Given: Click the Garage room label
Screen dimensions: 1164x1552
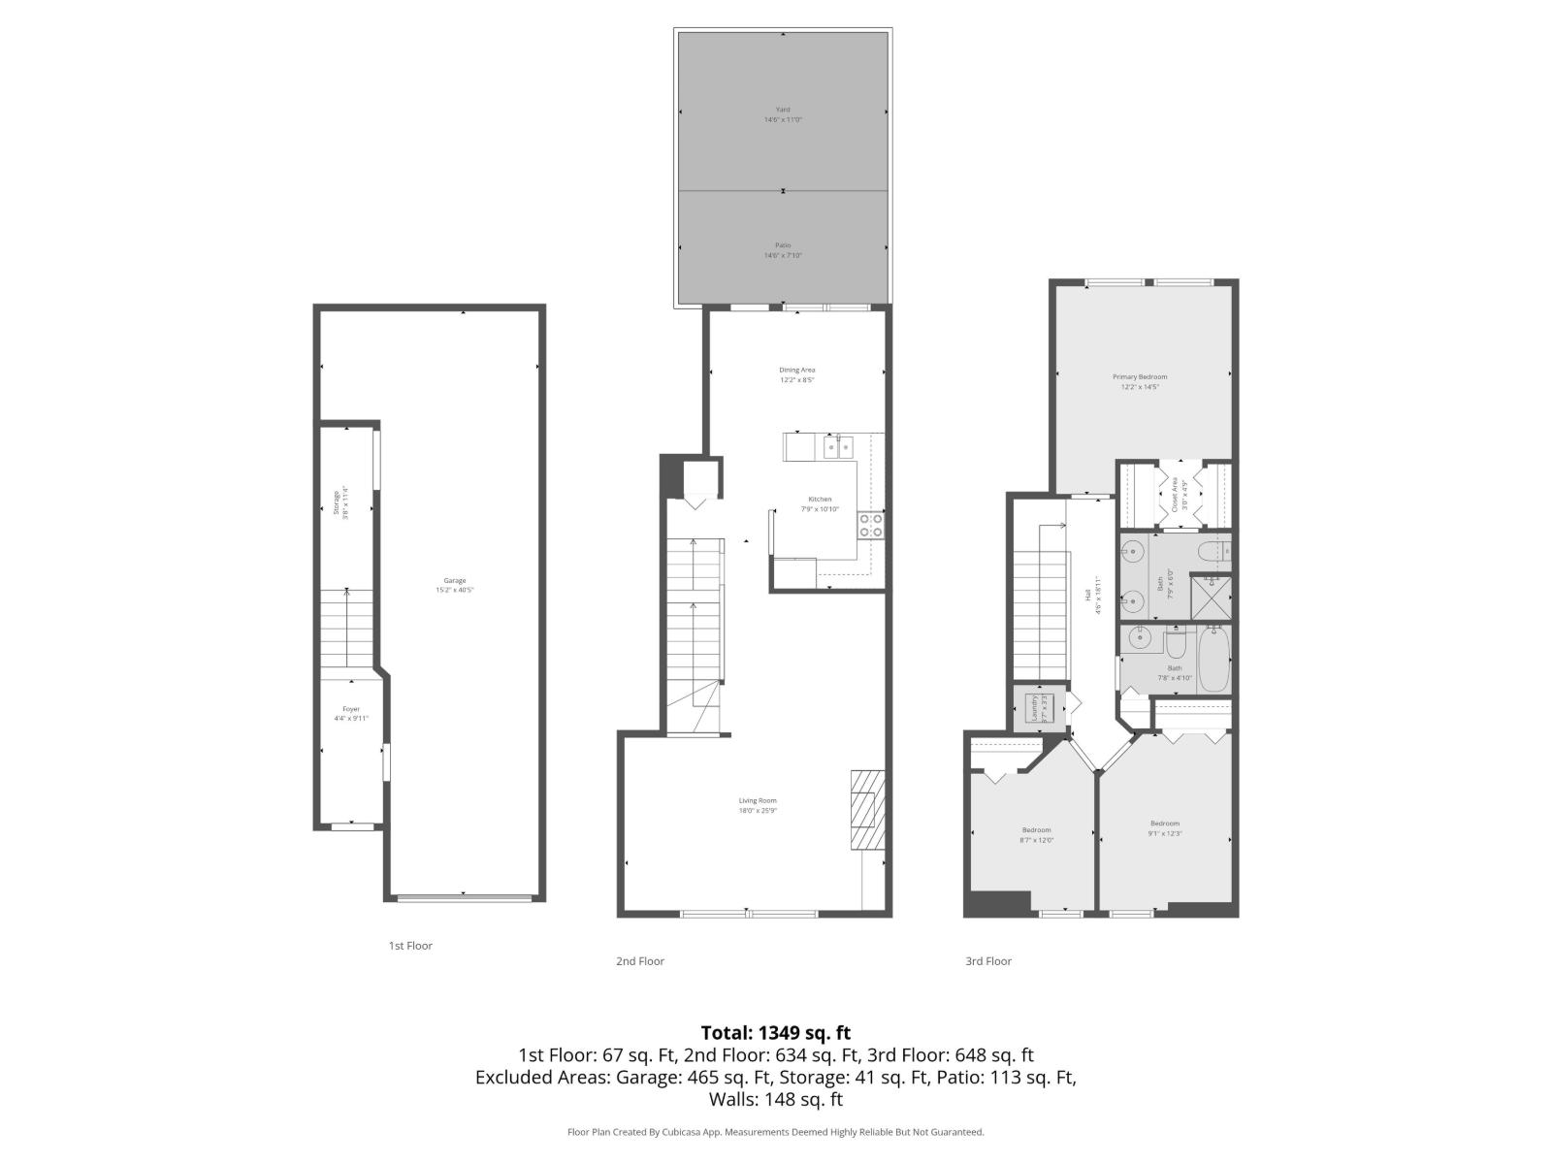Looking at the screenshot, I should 455,581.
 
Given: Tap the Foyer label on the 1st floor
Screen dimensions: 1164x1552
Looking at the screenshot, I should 351,709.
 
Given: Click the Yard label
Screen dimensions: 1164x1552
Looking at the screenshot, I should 782,110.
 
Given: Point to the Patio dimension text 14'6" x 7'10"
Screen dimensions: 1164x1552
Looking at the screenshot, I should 783,256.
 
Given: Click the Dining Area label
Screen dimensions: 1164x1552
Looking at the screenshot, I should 796,370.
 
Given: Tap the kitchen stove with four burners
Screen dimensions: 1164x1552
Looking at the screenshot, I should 870,526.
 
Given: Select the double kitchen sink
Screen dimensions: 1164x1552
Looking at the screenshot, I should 838,447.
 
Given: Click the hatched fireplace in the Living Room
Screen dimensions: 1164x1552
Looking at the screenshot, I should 867,810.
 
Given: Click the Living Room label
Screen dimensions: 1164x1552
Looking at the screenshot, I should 758,801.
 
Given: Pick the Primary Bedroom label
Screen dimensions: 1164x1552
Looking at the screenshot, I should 1139,376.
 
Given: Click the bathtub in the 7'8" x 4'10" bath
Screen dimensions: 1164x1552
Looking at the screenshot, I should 1213,660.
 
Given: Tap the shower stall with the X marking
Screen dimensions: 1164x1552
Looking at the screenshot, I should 1211,598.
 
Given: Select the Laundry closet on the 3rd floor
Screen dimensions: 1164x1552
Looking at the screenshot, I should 1034,709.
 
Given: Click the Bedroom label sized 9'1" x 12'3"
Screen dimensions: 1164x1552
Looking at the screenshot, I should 1164,824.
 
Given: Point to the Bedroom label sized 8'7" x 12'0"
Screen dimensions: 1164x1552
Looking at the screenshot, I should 1036,830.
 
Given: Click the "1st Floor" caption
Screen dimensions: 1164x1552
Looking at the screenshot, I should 410,946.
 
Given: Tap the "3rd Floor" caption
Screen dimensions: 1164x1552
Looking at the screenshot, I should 987,961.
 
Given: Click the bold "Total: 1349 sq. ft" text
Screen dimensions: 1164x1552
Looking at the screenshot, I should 775,1033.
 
